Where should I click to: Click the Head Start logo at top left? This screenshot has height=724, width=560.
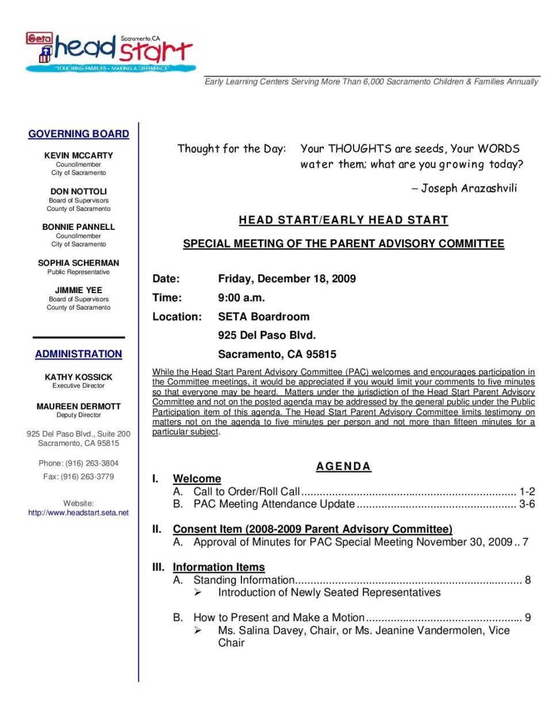(x=109, y=52)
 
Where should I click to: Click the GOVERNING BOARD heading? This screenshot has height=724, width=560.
(x=79, y=134)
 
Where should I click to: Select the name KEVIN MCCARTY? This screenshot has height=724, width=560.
(x=79, y=155)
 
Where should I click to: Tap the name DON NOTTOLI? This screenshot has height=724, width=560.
(x=79, y=191)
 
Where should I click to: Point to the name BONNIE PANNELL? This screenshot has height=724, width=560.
(x=79, y=227)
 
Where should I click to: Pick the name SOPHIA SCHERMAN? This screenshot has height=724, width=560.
(x=79, y=263)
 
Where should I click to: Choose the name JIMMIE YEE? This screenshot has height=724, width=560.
(x=79, y=290)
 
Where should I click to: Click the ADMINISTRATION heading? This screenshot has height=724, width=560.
(x=79, y=354)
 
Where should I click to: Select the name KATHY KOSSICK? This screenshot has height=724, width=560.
(x=79, y=377)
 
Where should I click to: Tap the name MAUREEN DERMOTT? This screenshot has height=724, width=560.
(x=79, y=406)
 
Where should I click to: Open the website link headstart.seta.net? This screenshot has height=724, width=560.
(x=79, y=513)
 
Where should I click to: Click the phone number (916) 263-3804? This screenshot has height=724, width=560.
(x=92, y=463)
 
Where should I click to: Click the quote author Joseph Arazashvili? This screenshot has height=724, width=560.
(x=469, y=188)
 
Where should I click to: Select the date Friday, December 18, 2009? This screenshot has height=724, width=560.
(x=287, y=279)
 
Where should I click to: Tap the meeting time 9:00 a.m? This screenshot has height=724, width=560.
(x=241, y=298)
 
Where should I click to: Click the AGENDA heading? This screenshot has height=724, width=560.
(x=343, y=466)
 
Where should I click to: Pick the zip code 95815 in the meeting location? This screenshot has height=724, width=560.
(x=321, y=355)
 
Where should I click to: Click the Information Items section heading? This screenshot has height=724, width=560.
(x=218, y=567)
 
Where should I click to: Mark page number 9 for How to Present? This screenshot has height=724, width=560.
(x=528, y=618)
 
